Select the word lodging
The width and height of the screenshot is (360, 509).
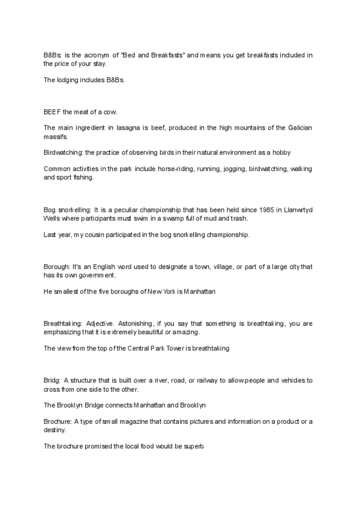pyautogui.click(x=65, y=80)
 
